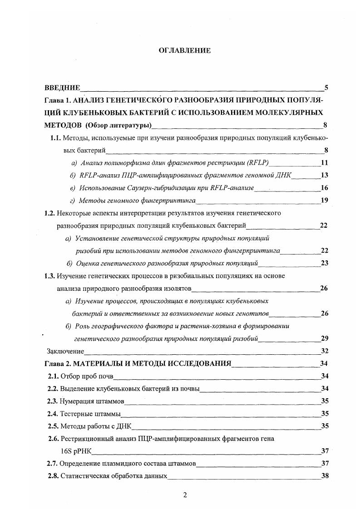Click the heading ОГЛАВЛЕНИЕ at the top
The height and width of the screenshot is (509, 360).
[x=184, y=51]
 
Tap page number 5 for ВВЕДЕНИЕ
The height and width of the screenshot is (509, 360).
[x=326, y=88]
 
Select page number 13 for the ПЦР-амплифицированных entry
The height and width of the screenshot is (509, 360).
[x=324, y=175]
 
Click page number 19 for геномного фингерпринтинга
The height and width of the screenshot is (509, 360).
[x=324, y=200]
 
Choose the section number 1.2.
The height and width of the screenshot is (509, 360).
[x=49, y=213]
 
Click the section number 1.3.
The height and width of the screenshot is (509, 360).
[x=49, y=275]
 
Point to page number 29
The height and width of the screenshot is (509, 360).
[x=324, y=338]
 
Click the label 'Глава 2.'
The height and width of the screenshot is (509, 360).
[x=58, y=363]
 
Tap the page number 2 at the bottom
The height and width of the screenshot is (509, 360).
[x=185, y=495]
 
